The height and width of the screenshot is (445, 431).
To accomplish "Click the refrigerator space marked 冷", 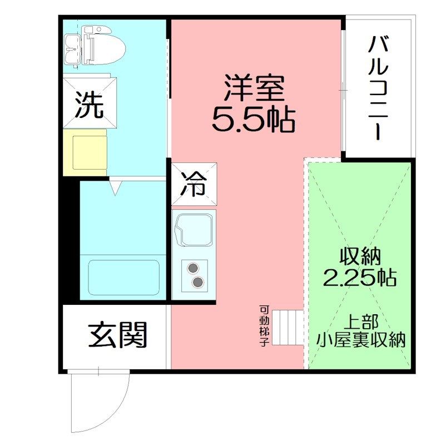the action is tap(194, 184).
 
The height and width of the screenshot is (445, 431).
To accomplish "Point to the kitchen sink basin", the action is tap(194, 230).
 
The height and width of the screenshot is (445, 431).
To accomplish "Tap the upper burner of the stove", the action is tap(193, 268).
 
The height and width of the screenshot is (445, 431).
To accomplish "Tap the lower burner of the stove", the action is tap(197, 282).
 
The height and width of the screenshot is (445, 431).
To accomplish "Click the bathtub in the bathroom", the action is tap(123, 277).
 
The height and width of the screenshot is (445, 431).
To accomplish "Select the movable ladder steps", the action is tap(288, 328).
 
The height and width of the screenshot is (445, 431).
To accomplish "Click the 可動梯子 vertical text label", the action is tap(264, 326).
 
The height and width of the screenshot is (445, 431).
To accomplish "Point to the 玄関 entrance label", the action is tap(117, 335).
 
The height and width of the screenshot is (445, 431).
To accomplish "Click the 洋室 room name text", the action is tap(254, 88).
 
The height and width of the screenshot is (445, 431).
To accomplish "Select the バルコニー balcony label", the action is tap(378, 88).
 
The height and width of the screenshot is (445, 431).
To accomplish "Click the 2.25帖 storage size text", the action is tap(360, 277).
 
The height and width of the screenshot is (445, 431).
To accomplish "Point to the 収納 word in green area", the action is tap(360, 256).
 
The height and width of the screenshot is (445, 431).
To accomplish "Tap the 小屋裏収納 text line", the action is tap(360, 339).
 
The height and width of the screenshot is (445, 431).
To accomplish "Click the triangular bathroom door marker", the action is tap(115, 188).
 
